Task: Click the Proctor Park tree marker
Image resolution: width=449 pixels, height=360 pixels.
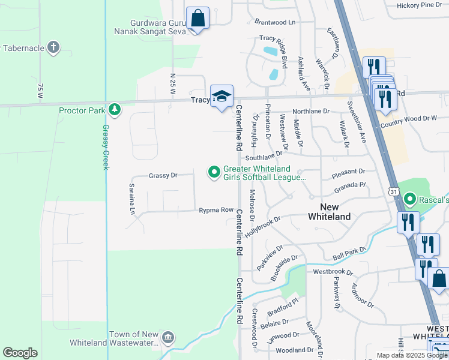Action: pos(114,110)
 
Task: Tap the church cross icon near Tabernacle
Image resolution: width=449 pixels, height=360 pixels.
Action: pos(53,47)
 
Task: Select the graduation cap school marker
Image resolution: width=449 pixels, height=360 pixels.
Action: pos(221,96)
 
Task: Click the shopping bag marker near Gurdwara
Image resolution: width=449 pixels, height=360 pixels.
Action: pos(197,19)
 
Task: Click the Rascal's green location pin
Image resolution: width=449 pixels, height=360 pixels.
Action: pos(410,198)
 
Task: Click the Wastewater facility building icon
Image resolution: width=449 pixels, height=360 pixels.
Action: pos(169,338)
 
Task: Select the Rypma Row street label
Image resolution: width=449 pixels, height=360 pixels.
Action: pos(216,210)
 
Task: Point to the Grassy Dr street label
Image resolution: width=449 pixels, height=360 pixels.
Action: pos(163,175)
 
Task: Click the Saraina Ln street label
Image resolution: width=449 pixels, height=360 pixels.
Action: pos(131,199)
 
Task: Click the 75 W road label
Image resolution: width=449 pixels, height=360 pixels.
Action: pos(40,91)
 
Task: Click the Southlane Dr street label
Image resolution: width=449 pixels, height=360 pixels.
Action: pos(268,157)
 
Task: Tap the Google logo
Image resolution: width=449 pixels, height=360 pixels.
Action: pos(20,353)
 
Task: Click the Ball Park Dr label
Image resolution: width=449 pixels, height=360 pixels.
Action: pos(349,253)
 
